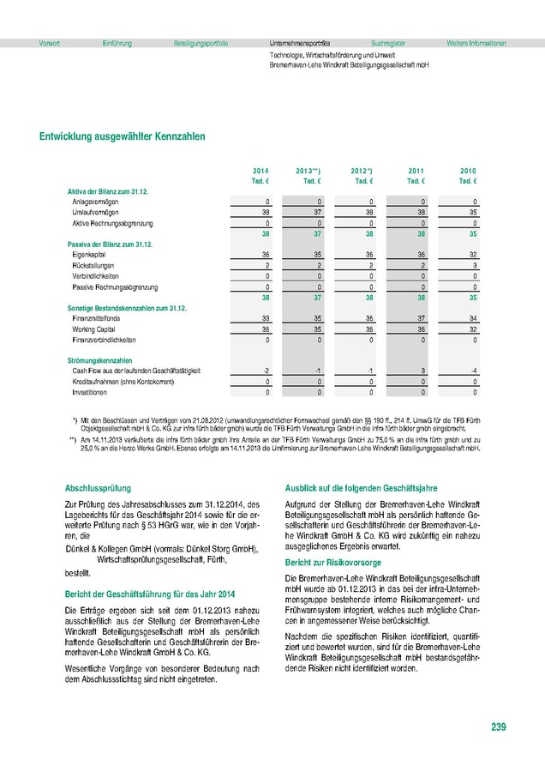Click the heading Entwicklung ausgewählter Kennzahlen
point(122,136)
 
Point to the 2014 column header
point(261,172)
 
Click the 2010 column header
point(468,172)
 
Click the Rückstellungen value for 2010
point(474,266)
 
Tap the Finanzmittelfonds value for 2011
point(420,317)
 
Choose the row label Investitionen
point(90,392)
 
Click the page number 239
point(499,727)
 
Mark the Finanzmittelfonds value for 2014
point(266,317)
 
